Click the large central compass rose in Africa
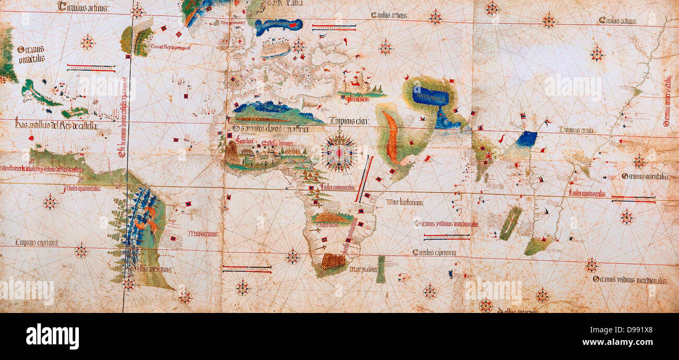(339, 152)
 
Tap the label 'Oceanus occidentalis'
(30, 54)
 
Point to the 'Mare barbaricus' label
(405, 202)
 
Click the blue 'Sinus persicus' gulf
(430, 97)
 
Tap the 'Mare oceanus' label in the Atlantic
(204, 234)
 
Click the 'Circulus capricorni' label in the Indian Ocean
(435, 252)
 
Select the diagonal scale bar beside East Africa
(364, 179)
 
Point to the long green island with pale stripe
(510, 223)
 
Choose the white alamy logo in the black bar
(52, 336)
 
